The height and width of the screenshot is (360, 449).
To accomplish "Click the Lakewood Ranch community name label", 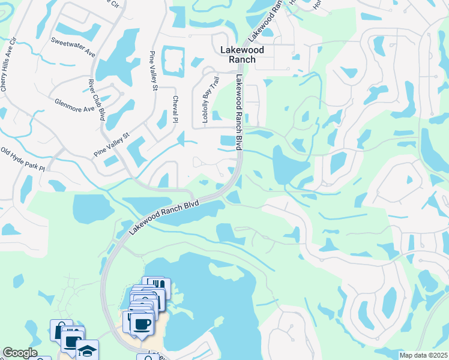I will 238,55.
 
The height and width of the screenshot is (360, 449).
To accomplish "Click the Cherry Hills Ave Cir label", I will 7,67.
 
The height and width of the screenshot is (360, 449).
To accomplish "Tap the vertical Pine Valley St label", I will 152,71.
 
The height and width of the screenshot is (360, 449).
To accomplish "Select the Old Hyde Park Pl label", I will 23,159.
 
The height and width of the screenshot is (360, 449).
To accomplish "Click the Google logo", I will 19,353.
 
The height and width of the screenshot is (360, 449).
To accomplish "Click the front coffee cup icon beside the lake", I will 142,325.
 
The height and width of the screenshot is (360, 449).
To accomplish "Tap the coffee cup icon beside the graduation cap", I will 72,342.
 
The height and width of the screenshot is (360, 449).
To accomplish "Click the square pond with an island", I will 173,59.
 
